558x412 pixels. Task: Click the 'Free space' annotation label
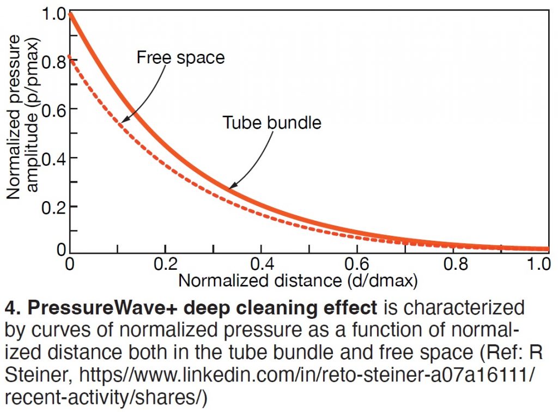(180, 57)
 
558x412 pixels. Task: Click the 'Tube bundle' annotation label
(272, 122)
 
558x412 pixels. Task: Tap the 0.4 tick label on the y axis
(53, 158)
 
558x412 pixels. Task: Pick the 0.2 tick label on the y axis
(53, 207)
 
